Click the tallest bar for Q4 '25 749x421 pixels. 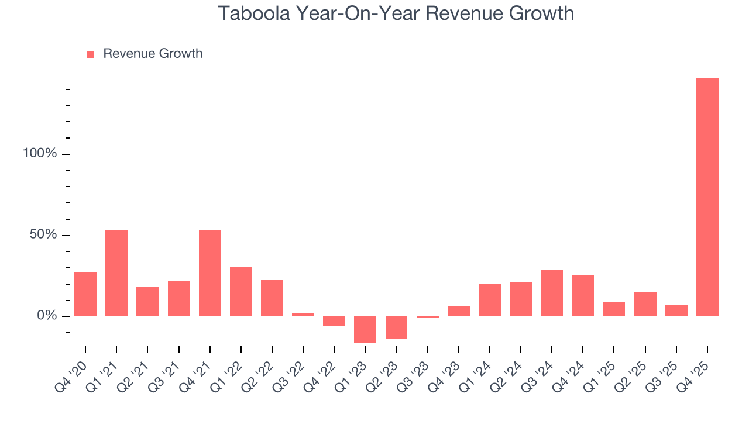[707, 197]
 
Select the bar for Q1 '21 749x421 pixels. [116, 273]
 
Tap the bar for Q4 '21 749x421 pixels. [210, 273]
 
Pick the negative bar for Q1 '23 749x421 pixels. [365, 329]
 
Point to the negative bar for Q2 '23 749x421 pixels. [396, 327]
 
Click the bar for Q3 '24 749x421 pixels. [552, 293]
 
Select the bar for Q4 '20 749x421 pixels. [85, 294]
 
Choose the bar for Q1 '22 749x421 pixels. [241, 292]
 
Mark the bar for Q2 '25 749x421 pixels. [645, 304]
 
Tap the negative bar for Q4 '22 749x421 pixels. [334, 321]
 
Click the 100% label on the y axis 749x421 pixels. [40, 154]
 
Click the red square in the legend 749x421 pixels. [90, 55]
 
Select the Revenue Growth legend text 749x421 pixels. [153, 54]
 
